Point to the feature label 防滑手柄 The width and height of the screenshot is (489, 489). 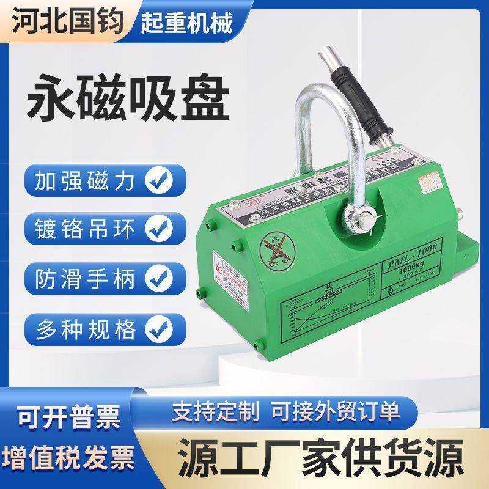[x=86, y=277]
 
